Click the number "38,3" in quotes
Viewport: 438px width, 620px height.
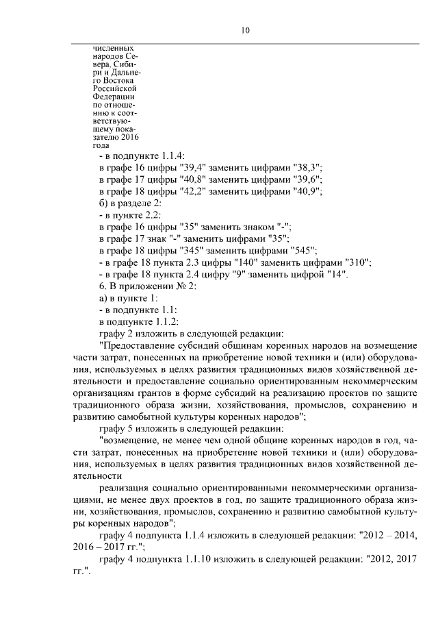(307, 167)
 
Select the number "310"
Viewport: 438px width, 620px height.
(357, 262)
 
